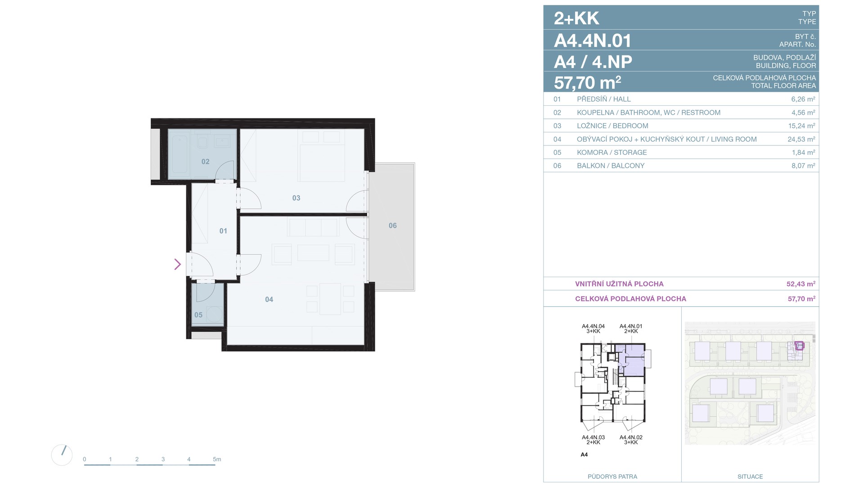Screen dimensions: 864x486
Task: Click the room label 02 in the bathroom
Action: tap(205, 162)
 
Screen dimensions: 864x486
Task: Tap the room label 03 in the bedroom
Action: tap(296, 198)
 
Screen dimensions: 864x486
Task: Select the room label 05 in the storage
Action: tap(198, 315)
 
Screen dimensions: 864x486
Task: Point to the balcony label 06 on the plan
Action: tap(393, 225)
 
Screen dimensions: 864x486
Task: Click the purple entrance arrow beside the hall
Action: tap(178, 264)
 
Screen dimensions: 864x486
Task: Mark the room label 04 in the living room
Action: tap(269, 299)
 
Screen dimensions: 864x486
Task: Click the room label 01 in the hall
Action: tap(223, 231)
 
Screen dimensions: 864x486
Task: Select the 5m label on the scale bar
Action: tap(217, 459)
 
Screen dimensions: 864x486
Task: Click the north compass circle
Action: tap(62, 455)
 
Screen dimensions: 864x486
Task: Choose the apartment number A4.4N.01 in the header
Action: tap(593, 40)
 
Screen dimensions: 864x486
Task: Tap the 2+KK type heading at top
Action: tap(576, 18)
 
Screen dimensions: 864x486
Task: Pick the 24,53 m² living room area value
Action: tap(801, 139)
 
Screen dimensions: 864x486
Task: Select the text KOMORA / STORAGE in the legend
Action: tap(612, 153)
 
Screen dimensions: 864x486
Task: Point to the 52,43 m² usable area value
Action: tap(801, 284)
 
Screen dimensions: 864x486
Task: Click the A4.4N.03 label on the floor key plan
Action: tap(593, 437)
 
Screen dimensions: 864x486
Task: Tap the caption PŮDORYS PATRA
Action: tap(612, 477)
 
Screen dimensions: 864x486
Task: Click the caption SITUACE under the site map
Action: tap(750, 477)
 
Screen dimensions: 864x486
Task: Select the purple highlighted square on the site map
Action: tap(799, 346)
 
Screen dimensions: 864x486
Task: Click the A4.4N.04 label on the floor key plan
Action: tap(593, 326)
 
